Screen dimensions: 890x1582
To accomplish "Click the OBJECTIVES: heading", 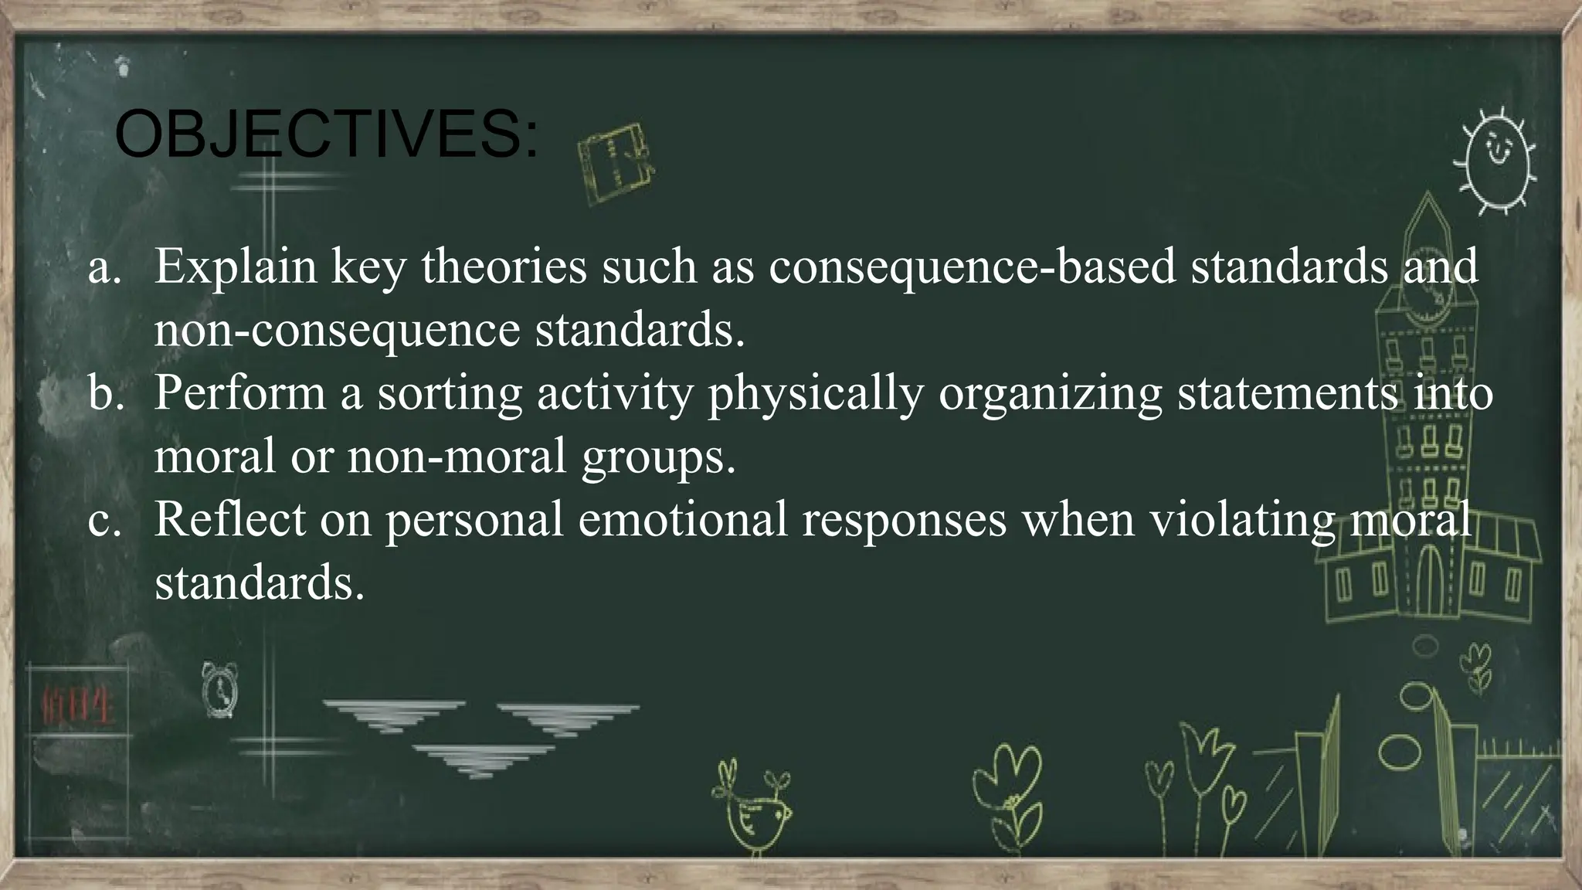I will [x=326, y=134].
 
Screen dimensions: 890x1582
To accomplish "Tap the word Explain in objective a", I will [x=236, y=267].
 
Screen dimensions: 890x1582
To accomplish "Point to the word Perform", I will [x=239, y=393].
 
